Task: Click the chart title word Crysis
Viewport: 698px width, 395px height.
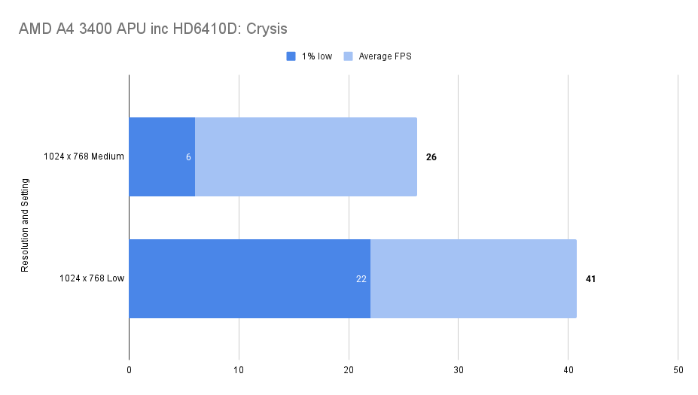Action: tap(264, 29)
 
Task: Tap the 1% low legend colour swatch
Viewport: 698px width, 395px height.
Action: tap(291, 56)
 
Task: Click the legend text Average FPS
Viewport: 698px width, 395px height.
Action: tap(385, 56)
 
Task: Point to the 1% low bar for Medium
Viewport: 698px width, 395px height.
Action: tap(162, 156)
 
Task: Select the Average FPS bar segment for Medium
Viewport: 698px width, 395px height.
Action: tap(306, 156)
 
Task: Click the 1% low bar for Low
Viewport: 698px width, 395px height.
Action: tap(249, 278)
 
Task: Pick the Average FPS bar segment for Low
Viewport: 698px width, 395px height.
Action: tap(473, 278)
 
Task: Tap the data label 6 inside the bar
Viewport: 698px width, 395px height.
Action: tap(189, 157)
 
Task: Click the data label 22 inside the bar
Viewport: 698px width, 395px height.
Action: tap(361, 279)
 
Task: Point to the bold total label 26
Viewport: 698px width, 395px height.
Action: tap(431, 157)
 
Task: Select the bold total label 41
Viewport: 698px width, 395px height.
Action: tap(591, 279)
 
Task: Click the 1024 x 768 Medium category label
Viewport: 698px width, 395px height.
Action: tap(84, 157)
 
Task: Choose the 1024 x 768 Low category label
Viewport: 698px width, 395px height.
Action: tap(92, 279)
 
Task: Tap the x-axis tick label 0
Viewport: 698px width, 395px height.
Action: tap(130, 370)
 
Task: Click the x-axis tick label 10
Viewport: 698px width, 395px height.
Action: tap(239, 370)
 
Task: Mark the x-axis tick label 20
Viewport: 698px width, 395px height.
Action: tap(349, 370)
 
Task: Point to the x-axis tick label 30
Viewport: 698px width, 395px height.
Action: tap(459, 370)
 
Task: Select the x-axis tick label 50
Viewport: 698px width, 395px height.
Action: tap(678, 370)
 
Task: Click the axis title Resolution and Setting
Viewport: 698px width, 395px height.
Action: tap(25, 225)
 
